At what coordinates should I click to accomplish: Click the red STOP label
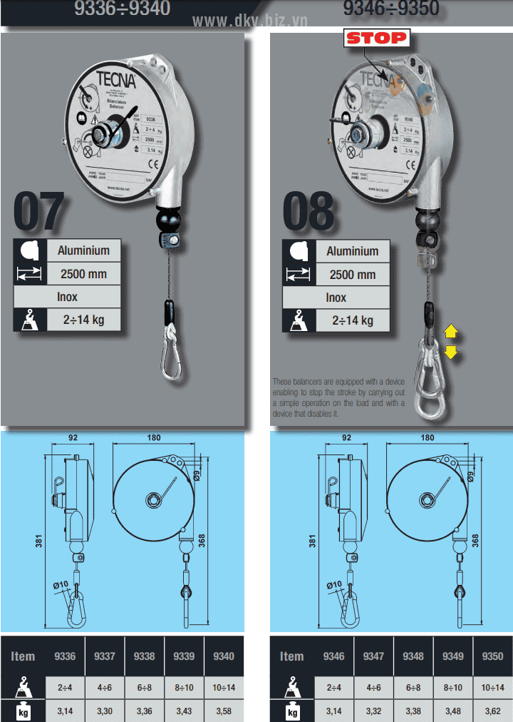tap(376, 38)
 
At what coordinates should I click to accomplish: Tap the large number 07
tap(39, 210)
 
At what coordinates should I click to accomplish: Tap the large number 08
tap(309, 211)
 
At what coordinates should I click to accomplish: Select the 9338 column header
tap(144, 656)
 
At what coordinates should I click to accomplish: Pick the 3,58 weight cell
tap(223, 711)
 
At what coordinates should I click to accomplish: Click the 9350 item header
tap(492, 656)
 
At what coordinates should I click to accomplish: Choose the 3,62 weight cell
tap(492, 711)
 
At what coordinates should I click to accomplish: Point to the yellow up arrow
tap(451, 331)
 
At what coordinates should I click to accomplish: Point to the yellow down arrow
tap(451, 351)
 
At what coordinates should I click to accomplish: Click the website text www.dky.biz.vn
tap(249, 21)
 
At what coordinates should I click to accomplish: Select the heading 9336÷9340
tap(123, 9)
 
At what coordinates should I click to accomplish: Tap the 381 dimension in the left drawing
tap(39, 542)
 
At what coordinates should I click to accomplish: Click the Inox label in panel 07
tap(68, 297)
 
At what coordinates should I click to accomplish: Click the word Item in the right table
tap(291, 656)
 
